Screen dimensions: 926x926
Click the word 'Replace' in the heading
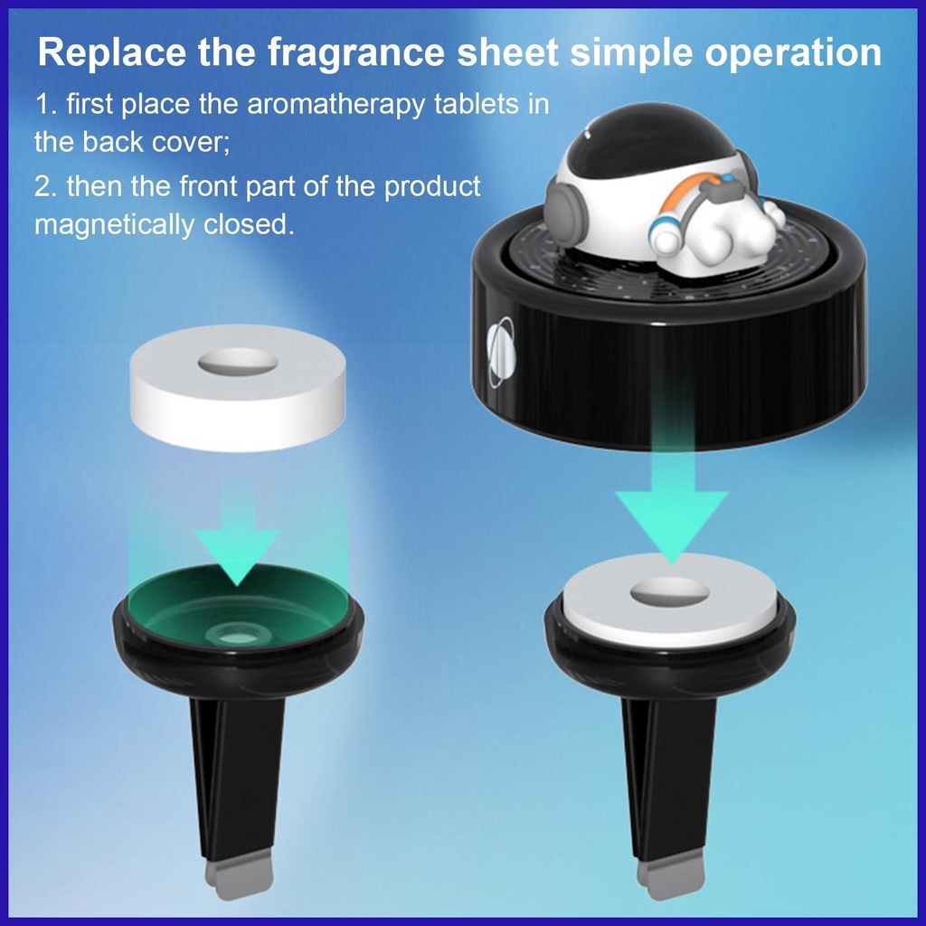[x=112, y=52]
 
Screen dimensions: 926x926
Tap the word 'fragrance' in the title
[x=355, y=52]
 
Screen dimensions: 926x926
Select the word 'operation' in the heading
[x=793, y=54]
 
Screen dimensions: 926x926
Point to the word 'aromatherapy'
[x=335, y=105]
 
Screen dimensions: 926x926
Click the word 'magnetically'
[x=113, y=225]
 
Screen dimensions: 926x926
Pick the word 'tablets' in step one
[x=480, y=104]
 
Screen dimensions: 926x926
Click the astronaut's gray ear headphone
[x=566, y=210]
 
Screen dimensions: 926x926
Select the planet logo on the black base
[x=501, y=353]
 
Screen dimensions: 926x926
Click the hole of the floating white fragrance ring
[x=238, y=362]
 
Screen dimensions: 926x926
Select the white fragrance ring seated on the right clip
[x=669, y=600]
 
